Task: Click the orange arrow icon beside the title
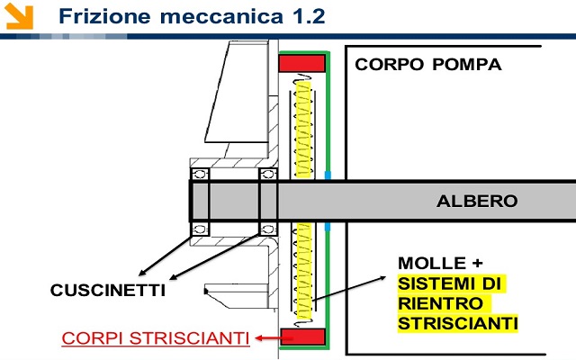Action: coord(20,16)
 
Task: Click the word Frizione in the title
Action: coord(104,16)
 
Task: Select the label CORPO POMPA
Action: coord(428,65)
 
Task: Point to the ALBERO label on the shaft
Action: coord(477,201)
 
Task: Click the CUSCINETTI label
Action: coord(108,290)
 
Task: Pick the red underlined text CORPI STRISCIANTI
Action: coord(156,338)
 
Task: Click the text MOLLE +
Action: coord(440,263)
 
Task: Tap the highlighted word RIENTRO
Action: coord(440,303)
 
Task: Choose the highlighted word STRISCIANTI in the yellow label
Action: coord(458,324)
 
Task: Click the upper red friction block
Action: coord(302,63)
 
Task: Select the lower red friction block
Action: coord(302,337)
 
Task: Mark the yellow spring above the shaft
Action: coord(303,130)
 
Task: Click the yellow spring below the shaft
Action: coord(304,271)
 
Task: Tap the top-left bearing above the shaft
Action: coord(200,174)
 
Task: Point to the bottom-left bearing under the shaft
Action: coord(200,229)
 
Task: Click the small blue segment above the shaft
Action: coord(328,175)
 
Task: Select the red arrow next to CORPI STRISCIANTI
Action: coord(268,338)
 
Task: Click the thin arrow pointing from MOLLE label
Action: coord(349,289)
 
